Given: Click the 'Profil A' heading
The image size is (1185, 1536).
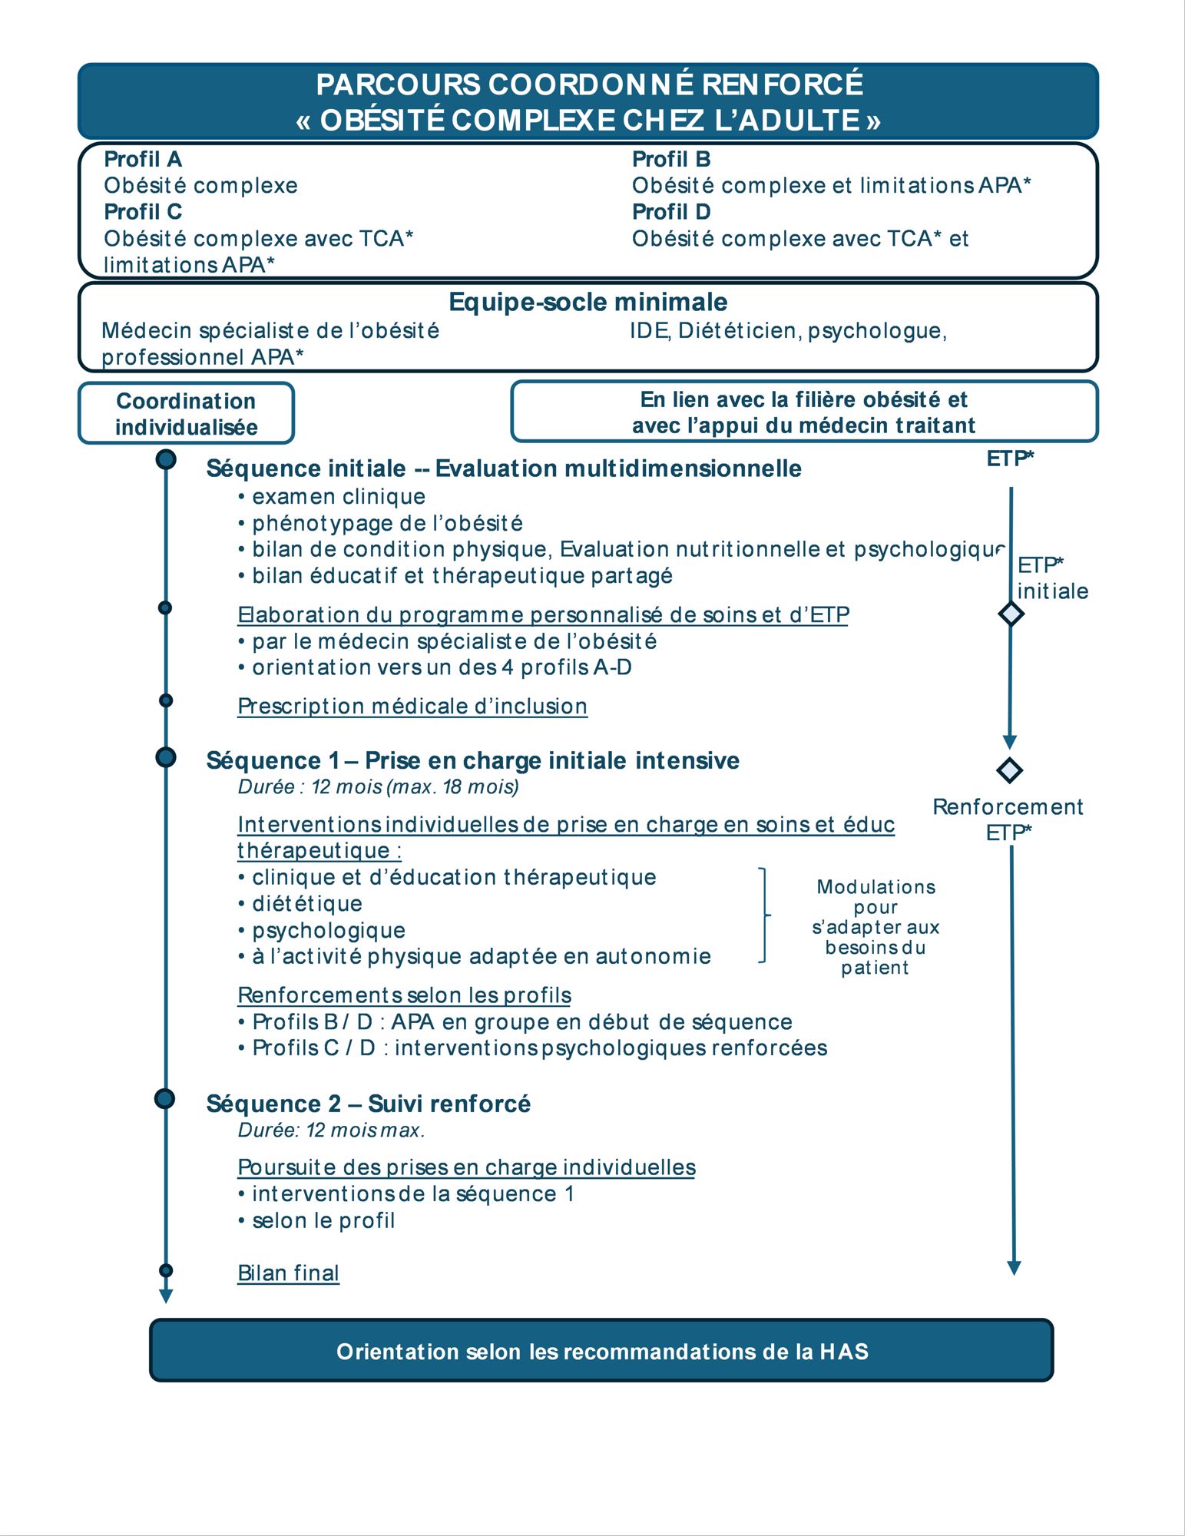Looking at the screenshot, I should pos(143,159).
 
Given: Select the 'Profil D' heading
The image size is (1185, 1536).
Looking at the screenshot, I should pos(670,211).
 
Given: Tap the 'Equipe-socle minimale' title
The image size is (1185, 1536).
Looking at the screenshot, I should pos(588,302).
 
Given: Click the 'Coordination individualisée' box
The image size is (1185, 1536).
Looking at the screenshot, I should pos(186,413).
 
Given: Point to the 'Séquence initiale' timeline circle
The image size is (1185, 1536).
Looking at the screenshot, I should pos(166,459).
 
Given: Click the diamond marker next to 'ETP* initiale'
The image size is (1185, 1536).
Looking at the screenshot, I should pos(1011,614).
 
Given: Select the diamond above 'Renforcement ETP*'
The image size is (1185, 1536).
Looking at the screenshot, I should pos(1009,770).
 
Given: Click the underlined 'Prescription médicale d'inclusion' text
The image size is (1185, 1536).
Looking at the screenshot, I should pos(412,706).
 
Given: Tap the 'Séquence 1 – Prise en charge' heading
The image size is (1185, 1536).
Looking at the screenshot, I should pos(472,760).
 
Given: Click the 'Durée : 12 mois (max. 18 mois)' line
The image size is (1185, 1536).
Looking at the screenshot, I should pos(378,786).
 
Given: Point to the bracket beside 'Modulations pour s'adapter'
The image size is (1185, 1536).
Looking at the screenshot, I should pos(763,915).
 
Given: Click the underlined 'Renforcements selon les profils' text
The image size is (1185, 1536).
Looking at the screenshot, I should pos(404,995).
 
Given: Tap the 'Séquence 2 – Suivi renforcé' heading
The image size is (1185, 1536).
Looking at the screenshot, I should pos(369,1104).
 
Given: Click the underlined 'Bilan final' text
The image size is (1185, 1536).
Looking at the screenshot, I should pos(288,1273).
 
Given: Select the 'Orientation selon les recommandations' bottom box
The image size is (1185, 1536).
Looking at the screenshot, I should pos(601,1351).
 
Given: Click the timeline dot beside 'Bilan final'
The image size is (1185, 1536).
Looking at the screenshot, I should pos(166,1270).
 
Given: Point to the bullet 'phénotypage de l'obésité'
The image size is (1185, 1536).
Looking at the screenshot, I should pos(387,523).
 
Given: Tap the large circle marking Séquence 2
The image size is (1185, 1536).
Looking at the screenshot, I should pos(165,1098).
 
